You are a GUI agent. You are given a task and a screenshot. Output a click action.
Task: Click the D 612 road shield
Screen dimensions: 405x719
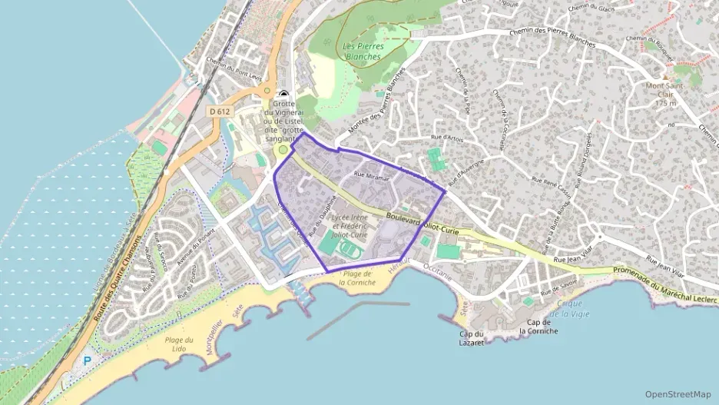click(x=220, y=111)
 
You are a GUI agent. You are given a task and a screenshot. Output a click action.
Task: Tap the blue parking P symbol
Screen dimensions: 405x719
click(x=87, y=360)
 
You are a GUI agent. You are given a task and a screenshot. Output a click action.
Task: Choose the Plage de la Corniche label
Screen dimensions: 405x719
click(x=359, y=277)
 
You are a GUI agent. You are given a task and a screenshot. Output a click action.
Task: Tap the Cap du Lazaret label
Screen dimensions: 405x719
click(x=472, y=337)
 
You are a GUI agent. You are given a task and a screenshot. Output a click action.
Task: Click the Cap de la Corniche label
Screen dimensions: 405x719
click(x=538, y=327)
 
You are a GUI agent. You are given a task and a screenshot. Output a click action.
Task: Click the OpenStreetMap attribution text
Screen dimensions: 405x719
click(x=678, y=393)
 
